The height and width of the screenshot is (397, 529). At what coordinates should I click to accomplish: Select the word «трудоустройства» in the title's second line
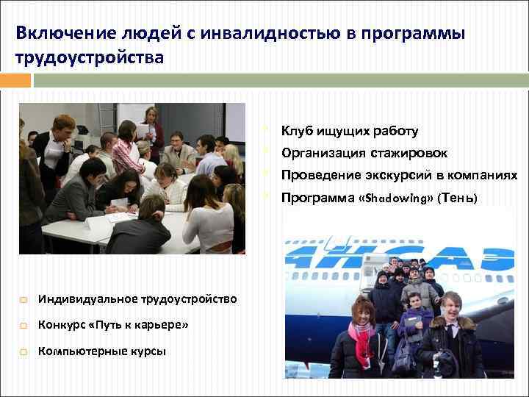(90, 57)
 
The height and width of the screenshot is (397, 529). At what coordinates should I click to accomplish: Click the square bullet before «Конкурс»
(24, 326)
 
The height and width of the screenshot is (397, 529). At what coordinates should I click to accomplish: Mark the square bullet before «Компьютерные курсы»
(24, 352)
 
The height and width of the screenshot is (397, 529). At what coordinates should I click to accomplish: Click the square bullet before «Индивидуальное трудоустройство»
(24, 299)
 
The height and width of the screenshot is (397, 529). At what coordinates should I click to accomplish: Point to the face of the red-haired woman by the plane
(361, 312)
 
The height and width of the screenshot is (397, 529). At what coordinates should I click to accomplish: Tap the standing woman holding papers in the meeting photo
(153, 129)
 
